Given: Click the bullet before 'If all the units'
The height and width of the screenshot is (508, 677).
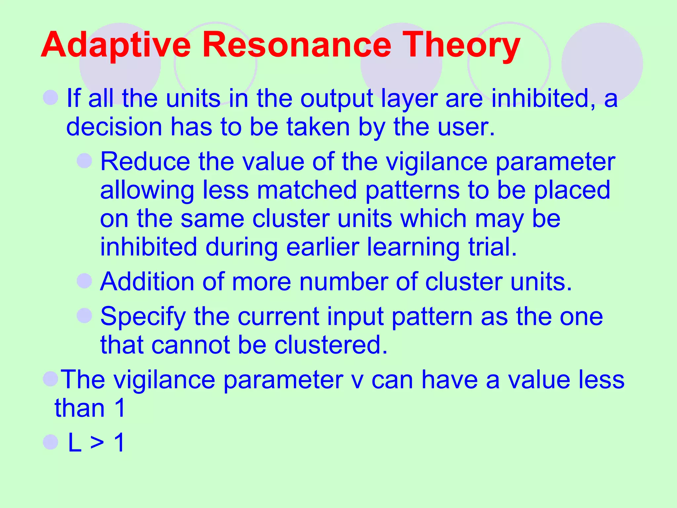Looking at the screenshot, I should pyautogui.click(x=51, y=98).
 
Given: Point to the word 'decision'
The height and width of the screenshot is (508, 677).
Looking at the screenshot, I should pyautogui.click(x=114, y=127).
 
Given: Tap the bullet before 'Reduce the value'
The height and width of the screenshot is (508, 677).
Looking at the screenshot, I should pyautogui.click(x=84, y=161).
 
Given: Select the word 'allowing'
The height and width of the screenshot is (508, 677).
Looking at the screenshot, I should pyautogui.click(x=147, y=191).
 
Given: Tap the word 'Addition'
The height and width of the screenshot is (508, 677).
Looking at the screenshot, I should pyautogui.click(x=147, y=282).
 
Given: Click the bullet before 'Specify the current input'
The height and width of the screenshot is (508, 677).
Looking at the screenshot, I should pyautogui.click(x=84, y=315).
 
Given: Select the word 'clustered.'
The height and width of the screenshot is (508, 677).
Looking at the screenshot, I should pyautogui.click(x=331, y=345).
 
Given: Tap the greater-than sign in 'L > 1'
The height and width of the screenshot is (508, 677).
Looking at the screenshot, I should pyautogui.click(x=97, y=443).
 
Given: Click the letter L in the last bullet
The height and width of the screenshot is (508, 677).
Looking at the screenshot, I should pyautogui.click(x=75, y=443).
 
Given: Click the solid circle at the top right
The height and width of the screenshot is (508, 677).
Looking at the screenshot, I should pyautogui.click(x=602, y=63).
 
